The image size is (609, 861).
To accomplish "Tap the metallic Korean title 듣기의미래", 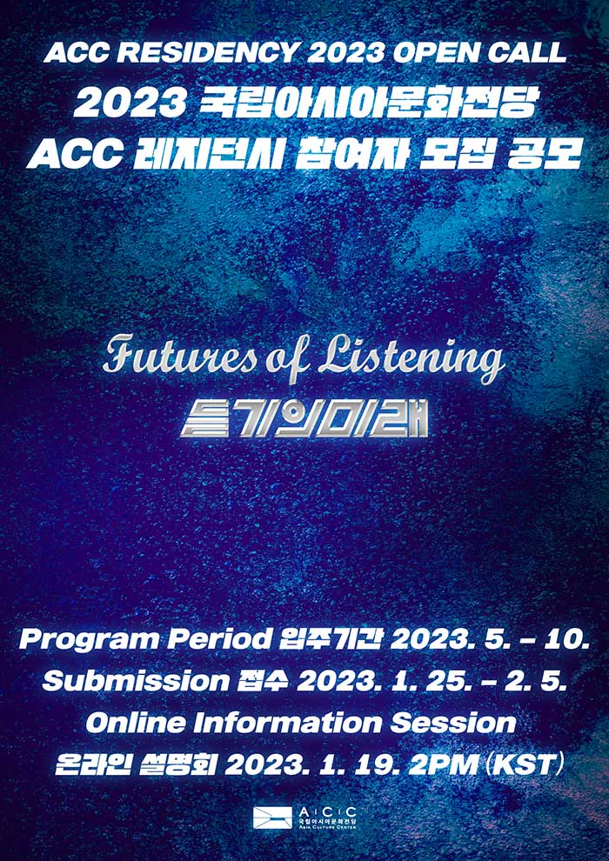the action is [304, 421].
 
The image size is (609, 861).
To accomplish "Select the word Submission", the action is [134, 683].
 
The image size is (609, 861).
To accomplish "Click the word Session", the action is [453, 724].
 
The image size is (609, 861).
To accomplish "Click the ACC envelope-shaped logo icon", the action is [272, 818].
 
